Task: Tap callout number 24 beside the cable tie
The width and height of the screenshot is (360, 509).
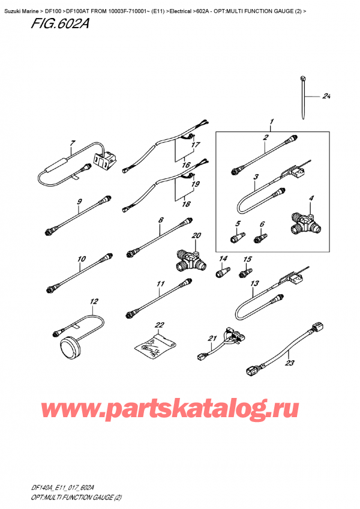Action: pos(326,97)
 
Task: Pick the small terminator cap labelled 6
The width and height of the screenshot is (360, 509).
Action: pos(260,239)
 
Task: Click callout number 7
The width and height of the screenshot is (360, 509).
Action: pos(72,143)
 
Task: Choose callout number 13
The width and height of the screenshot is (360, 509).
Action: pos(255,283)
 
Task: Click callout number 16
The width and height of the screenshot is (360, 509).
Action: pos(186,165)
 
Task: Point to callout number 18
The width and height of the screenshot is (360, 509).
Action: pos(186,204)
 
